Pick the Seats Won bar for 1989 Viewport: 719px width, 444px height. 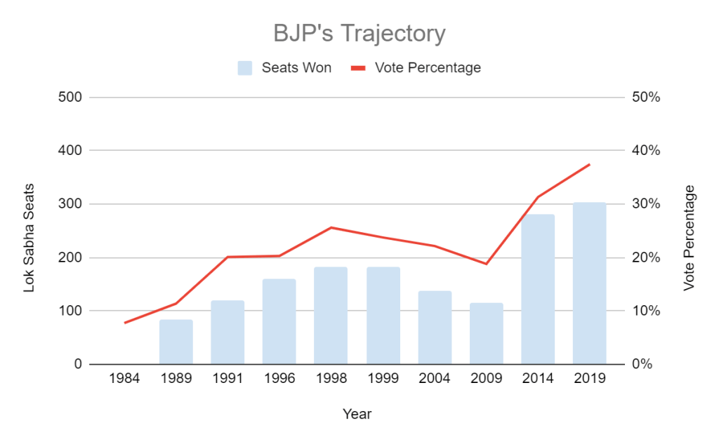(x=176, y=342)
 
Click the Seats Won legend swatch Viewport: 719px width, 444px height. (x=244, y=68)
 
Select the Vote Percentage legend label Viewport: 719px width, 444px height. (x=428, y=68)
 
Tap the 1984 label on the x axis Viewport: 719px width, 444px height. (x=124, y=379)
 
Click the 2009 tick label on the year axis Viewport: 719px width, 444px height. (x=486, y=379)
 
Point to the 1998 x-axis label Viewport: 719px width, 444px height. (x=331, y=379)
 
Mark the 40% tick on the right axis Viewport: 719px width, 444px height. (x=646, y=151)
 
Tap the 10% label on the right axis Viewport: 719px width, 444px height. (x=646, y=311)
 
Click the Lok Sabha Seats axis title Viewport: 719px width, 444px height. (x=29, y=238)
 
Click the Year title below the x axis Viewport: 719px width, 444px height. (x=357, y=414)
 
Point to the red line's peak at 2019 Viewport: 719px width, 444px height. (x=589, y=164)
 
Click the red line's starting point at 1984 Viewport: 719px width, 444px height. (x=125, y=323)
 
